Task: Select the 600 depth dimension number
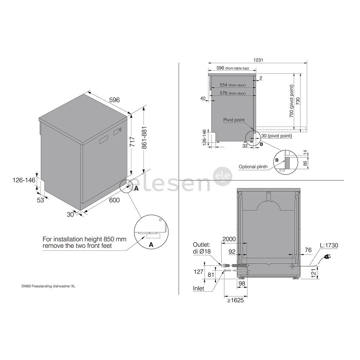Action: [114, 200]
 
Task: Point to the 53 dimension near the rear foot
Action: [40, 200]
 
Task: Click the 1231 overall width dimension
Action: [258, 60]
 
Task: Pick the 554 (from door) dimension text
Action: [233, 85]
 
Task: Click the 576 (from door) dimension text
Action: [233, 93]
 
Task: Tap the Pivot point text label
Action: [234, 120]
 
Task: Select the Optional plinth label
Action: [253, 167]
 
